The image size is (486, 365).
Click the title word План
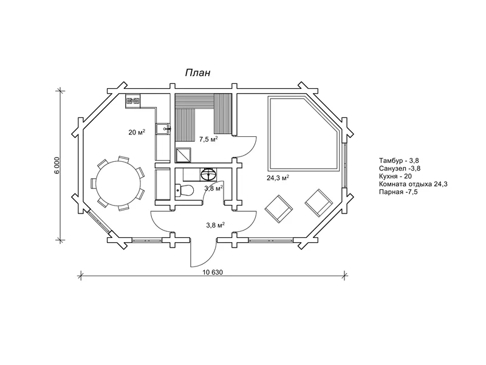tap(198, 72)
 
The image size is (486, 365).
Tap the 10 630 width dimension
tap(213, 272)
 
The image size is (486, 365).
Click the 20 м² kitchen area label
tap(137, 132)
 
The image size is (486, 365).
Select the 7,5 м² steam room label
tap(208, 139)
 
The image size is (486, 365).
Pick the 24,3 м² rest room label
tap(278, 178)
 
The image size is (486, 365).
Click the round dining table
tap(118, 183)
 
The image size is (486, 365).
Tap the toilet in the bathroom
tap(184, 190)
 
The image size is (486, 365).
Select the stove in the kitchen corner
tap(132, 101)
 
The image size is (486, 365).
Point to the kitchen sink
tap(163, 128)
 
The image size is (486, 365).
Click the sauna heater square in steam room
tap(183, 155)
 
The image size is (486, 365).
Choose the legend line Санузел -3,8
tap(400, 169)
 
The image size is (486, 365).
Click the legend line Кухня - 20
tap(396, 176)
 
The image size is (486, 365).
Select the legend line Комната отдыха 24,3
tap(413, 184)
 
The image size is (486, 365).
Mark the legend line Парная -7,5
tap(399, 192)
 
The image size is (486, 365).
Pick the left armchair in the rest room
tap(279, 209)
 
